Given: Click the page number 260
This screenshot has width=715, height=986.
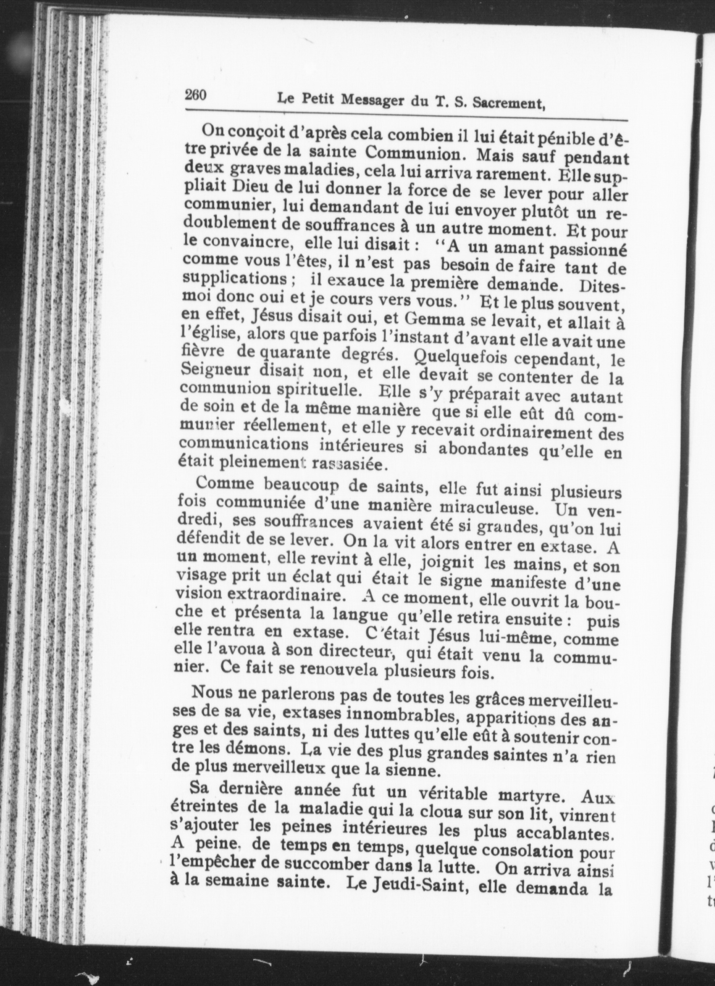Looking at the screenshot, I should point(196,95).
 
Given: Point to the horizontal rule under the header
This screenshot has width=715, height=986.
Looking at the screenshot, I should point(406,114).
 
